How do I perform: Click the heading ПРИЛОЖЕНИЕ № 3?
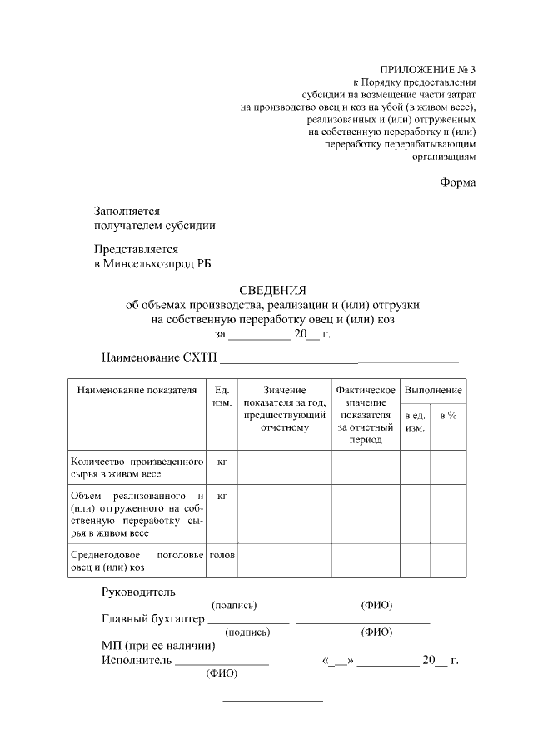pyautogui.click(x=428, y=69)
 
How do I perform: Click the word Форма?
pyautogui.click(x=458, y=182)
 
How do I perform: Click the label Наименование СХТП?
pyautogui.click(x=158, y=358)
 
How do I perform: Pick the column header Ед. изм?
pyautogui.click(x=221, y=396)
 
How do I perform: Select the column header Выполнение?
pyautogui.click(x=433, y=389)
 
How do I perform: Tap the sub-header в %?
pyautogui.click(x=448, y=415)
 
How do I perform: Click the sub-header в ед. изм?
pyautogui.click(x=415, y=421)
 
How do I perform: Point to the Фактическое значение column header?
pyautogui.click(x=365, y=414)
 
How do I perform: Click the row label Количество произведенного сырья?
pyautogui.click(x=137, y=467)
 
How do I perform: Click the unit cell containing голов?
pyautogui.click(x=222, y=554)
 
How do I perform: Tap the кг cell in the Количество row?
pyautogui.click(x=222, y=461)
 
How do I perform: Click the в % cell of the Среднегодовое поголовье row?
pyautogui.click(x=448, y=561)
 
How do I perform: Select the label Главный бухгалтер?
pyautogui.click(x=152, y=618)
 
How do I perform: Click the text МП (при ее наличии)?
pyautogui.click(x=158, y=646)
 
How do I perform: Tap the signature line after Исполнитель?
pyautogui.click(x=222, y=662)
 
